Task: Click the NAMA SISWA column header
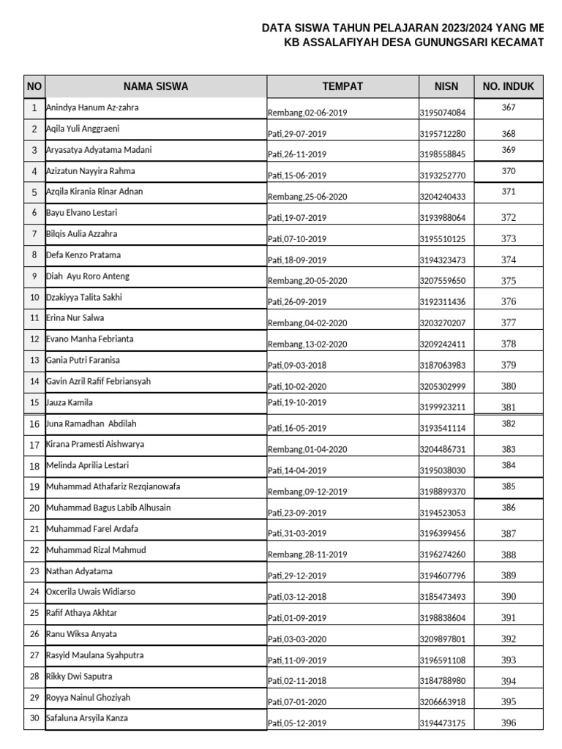click(155, 86)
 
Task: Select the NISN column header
click(446, 86)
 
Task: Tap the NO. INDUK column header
click(509, 86)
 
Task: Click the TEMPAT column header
click(342, 86)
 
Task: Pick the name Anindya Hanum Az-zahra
click(92, 108)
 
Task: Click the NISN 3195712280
click(442, 134)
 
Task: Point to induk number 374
click(509, 260)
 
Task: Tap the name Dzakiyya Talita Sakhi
click(84, 297)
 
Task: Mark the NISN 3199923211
click(442, 407)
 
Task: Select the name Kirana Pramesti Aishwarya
click(95, 444)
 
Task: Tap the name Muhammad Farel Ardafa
click(92, 528)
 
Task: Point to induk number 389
click(509, 576)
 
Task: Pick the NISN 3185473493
click(442, 597)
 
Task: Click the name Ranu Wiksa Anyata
click(81, 633)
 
